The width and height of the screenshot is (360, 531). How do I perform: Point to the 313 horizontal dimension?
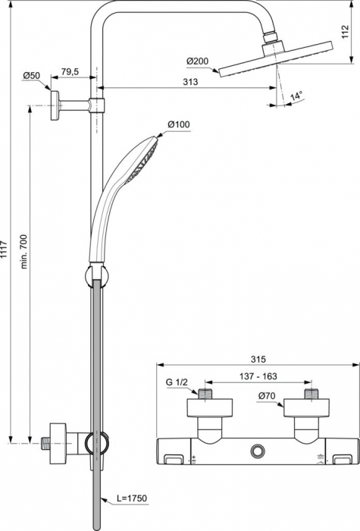(x=191, y=83)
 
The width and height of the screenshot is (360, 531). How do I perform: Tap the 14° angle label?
(x=296, y=96)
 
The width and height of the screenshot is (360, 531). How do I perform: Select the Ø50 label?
(x=32, y=76)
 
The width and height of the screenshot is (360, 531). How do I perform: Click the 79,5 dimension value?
(x=70, y=72)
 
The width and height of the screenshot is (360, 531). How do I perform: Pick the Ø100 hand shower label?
(x=178, y=124)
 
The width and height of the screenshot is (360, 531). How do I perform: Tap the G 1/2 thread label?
(x=176, y=384)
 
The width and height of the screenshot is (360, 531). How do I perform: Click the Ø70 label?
(x=267, y=396)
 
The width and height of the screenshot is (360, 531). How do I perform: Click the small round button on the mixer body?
(x=259, y=453)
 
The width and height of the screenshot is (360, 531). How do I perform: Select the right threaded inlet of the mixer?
(x=309, y=394)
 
